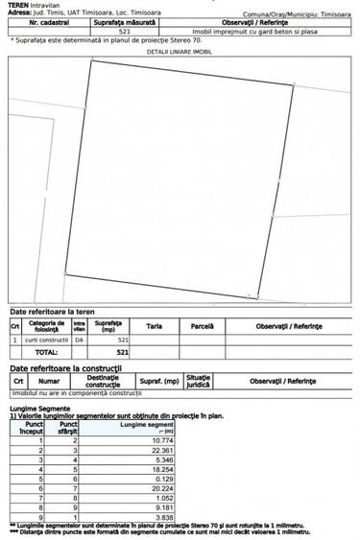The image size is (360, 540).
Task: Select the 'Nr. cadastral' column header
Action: click(48, 22)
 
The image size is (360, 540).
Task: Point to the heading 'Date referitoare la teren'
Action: click(52, 313)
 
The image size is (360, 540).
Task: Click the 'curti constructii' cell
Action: click(46, 340)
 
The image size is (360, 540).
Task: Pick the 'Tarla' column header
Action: click(154, 327)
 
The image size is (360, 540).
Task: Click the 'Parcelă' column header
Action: click(202, 327)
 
